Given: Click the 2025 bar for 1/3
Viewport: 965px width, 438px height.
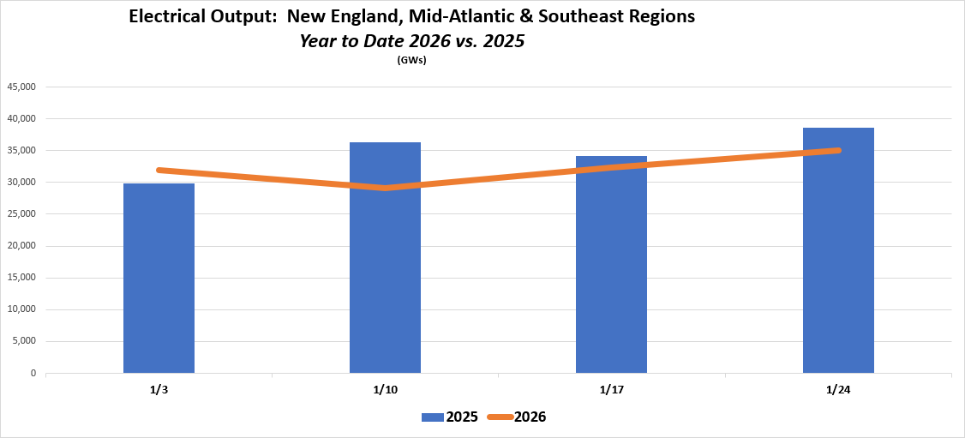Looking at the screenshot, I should click(159, 279).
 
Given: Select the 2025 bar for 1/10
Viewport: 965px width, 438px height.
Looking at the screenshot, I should click(385, 257).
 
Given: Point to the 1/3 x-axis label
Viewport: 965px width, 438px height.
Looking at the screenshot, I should click(159, 389).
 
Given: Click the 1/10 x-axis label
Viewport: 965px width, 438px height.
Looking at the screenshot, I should click(385, 389).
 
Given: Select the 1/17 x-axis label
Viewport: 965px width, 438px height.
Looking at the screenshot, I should click(611, 389).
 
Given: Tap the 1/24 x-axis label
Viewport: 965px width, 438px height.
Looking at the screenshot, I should click(837, 389).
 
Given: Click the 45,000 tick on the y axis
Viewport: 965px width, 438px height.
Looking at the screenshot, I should click(21, 87).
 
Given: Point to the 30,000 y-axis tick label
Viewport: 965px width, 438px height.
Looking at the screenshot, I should click(21, 183).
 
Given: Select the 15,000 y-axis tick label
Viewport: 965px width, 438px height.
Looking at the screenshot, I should click(21, 278).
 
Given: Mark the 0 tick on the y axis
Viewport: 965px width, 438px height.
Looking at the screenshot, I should click(32, 374).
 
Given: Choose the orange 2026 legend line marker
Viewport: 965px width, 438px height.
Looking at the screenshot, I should click(500, 417).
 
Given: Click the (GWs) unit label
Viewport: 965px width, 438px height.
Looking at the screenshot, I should click(411, 60).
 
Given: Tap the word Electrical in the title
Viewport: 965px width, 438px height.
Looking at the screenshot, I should click(170, 16).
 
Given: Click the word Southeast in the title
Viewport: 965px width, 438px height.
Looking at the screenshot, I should click(542, 16).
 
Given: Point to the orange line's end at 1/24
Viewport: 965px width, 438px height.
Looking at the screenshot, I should click(838, 150).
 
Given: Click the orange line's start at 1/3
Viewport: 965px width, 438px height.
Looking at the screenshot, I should click(159, 170).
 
